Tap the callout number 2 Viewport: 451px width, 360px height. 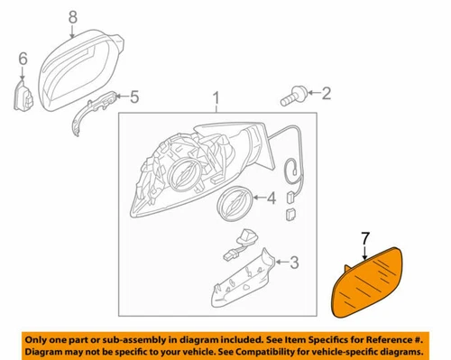[326, 92]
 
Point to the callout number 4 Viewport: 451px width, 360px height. [272, 198]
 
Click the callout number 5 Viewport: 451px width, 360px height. [134, 97]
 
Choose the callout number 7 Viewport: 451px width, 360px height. [364, 239]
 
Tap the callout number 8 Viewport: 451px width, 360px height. [73, 15]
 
